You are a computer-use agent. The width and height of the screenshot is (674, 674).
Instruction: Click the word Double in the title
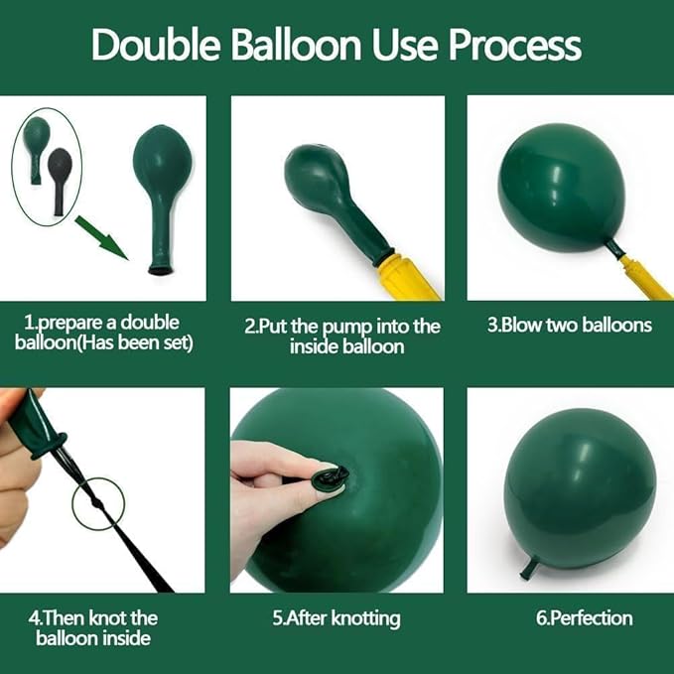(x=155, y=44)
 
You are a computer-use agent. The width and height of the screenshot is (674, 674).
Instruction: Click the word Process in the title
(x=515, y=45)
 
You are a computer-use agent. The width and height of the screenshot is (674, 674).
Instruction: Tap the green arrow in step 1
(x=102, y=238)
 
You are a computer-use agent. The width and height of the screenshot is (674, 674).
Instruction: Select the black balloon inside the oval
(x=59, y=181)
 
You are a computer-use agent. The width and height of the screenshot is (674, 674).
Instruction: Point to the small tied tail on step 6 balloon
(x=528, y=568)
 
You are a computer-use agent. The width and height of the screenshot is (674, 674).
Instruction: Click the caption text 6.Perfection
(x=584, y=618)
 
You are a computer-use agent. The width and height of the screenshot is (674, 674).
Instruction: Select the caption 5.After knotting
(x=337, y=619)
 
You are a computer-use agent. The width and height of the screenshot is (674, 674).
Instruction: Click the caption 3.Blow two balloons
(x=569, y=325)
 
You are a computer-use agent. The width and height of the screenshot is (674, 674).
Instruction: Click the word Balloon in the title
(x=297, y=44)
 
